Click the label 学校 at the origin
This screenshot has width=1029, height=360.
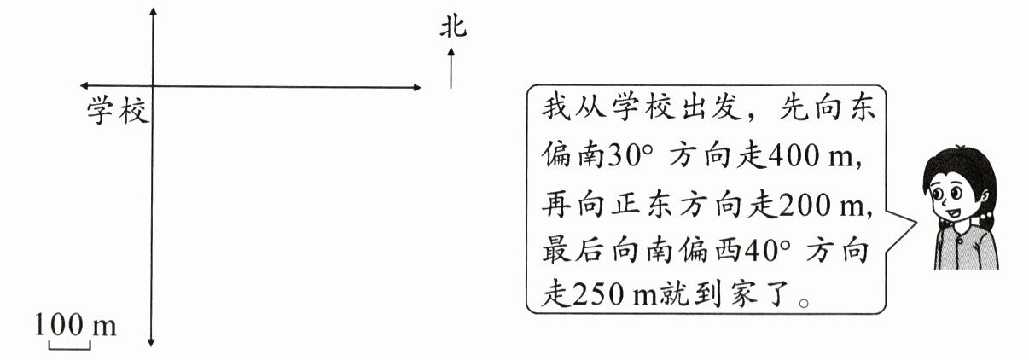[117, 111]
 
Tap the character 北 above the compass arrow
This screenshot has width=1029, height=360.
[453, 28]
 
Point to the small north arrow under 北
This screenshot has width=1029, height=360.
[451, 68]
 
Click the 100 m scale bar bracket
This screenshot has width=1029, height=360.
[69, 345]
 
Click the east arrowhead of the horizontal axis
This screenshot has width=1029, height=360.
[416, 86]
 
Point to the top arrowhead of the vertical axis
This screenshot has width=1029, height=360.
[152, 12]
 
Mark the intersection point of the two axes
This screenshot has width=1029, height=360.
[152, 86]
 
